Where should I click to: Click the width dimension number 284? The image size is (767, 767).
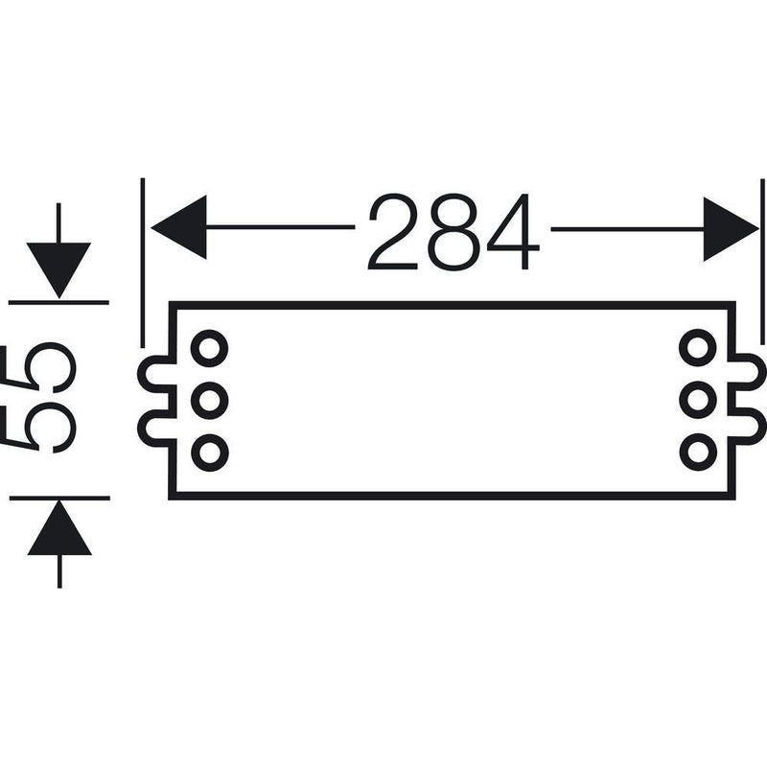pyautogui.click(x=453, y=231)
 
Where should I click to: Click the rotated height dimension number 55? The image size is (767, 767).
pyautogui.click(x=40, y=397)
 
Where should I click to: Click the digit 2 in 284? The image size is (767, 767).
pyautogui.click(x=393, y=231)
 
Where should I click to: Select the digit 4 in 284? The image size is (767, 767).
pyautogui.click(x=514, y=231)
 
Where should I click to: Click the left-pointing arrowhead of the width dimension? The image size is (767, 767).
pyautogui.click(x=178, y=227)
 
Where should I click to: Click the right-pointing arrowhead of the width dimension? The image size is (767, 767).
pyautogui.click(x=732, y=229)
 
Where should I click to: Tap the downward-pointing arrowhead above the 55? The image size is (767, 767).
pyautogui.click(x=58, y=270)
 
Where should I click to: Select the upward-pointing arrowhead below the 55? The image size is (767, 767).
pyautogui.click(x=59, y=527)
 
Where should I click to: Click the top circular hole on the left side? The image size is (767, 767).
pyautogui.click(x=210, y=348)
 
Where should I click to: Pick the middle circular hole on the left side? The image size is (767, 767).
pyautogui.click(x=210, y=401)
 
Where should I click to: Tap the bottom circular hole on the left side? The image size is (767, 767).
pyautogui.click(x=210, y=453)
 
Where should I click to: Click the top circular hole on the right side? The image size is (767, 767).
pyautogui.click(x=698, y=348)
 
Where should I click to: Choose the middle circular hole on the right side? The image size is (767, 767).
pyautogui.click(x=698, y=400)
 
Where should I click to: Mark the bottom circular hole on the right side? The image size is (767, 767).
pyautogui.click(x=698, y=453)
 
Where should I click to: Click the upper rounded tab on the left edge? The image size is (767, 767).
pyautogui.click(x=142, y=375)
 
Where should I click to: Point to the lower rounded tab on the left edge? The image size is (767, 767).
pyautogui.click(x=142, y=427)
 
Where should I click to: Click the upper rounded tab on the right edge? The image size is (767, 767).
pyautogui.click(x=761, y=373)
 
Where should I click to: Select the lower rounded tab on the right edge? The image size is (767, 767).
pyautogui.click(x=761, y=425)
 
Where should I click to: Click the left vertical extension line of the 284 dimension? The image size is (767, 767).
pyautogui.click(x=142, y=263)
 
